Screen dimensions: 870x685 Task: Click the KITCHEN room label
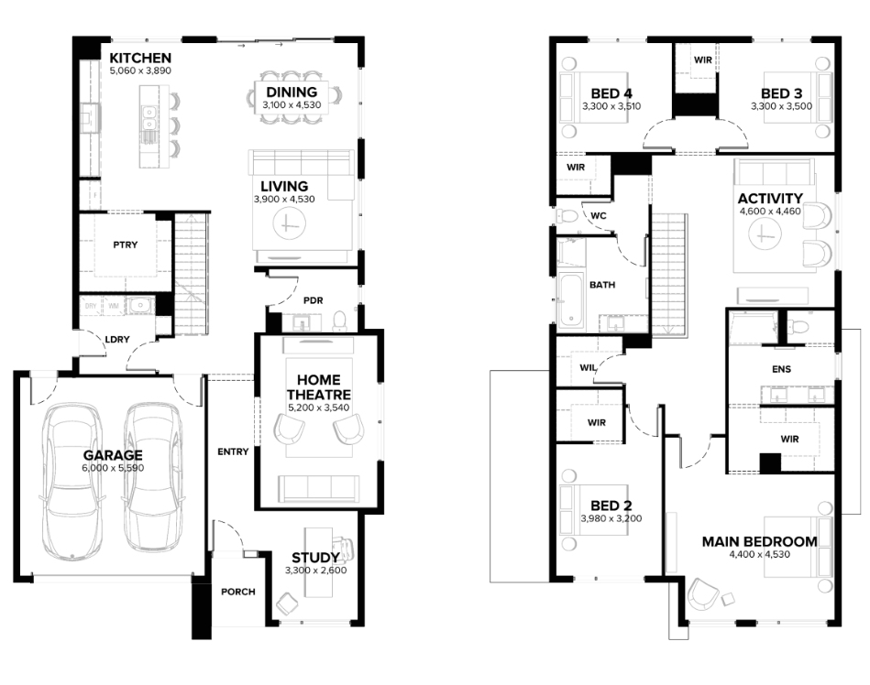coord(140,58)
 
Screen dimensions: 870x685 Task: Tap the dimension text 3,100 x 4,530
coord(292,104)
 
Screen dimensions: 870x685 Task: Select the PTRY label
coord(126,245)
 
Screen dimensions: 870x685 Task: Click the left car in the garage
coord(72,481)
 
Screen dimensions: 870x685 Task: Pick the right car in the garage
coord(152,477)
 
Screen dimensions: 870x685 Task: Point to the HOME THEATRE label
coord(318,386)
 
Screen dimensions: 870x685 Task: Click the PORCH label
coord(238,592)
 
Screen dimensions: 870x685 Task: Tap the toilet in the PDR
coord(339,321)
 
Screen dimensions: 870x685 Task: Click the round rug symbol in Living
coord(289,223)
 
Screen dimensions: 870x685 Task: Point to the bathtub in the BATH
coord(570,299)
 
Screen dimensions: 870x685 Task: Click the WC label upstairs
coord(599,215)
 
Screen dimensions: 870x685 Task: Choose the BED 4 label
coord(611,93)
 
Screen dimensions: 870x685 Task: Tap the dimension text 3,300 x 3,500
coord(781,106)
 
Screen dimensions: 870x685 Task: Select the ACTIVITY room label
coord(770,198)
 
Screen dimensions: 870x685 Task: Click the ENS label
coord(781,369)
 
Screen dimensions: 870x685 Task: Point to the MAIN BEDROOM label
coord(759,541)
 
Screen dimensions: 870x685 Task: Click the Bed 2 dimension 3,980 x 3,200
coord(611,518)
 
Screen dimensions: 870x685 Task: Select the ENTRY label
coord(233,451)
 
